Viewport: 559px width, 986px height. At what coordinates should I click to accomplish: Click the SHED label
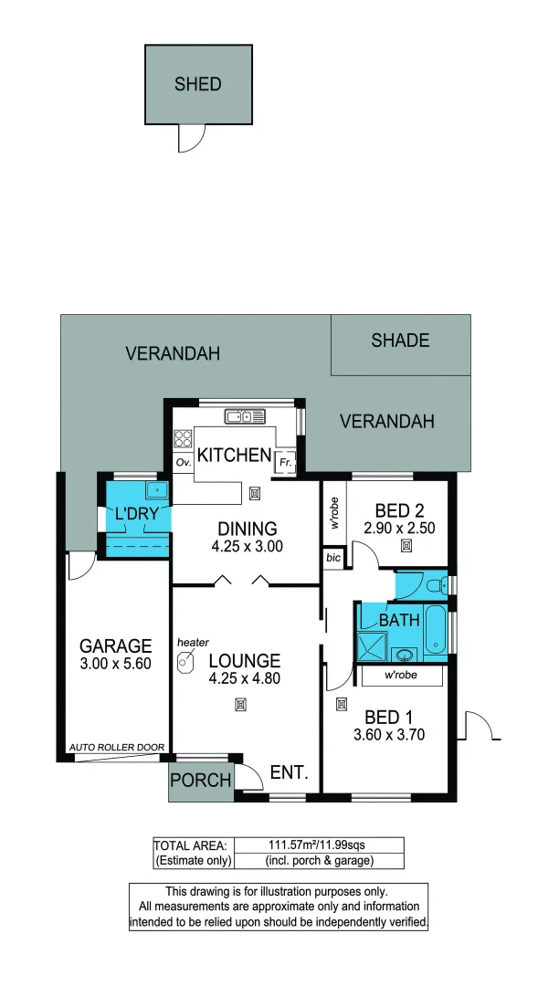[x=198, y=84]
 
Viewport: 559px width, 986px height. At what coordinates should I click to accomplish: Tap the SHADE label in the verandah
[x=400, y=341]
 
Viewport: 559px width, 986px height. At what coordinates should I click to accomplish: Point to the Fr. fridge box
[x=285, y=463]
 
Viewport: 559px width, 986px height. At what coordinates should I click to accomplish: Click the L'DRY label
[x=137, y=514]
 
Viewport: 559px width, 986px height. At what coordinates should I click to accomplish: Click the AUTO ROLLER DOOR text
[x=117, y=748]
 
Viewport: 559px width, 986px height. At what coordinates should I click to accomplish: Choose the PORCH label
[x=199, y=781]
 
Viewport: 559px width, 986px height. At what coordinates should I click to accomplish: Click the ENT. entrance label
[x=288, y=773]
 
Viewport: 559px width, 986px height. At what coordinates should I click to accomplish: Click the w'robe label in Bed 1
[x=401, y=677]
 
